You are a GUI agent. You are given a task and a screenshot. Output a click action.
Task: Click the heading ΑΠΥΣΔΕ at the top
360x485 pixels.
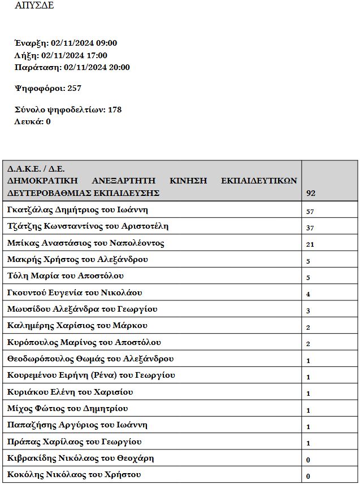click(x=35, y=6)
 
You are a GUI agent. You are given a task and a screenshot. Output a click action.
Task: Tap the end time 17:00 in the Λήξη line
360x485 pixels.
click(x=96, y=55)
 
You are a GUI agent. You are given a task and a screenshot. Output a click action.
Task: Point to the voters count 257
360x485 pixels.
click(x=74, y=88)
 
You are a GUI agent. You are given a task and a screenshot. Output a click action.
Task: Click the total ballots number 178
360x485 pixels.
click(x=114, y=110)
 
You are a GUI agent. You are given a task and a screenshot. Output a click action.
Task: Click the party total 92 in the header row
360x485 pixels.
click(x=311, y=193)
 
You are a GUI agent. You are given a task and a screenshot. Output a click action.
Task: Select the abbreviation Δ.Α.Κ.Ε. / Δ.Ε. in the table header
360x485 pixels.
click(x=36, y=168)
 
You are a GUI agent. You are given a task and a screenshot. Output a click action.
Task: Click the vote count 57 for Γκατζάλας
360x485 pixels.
click(x=310, y=212)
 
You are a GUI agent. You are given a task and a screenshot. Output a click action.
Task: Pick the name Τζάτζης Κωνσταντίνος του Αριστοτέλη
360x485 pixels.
click(x=88, y=226)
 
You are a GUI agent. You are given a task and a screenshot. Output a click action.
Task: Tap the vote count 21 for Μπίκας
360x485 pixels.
click(x=310, y=244)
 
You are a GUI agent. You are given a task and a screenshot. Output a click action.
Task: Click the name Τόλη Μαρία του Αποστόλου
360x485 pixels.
click(x=66, y=276)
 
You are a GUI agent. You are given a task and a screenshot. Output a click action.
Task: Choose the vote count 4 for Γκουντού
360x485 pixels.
click(x=308, y=294)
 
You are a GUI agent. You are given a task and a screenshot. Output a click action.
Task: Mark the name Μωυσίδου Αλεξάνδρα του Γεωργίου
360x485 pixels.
click(x=83, y=309)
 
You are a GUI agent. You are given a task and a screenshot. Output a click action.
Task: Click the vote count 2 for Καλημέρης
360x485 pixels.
click(x=308, y=327)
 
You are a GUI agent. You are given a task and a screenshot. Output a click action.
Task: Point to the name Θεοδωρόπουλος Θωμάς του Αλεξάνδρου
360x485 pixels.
click(x=90, y=359)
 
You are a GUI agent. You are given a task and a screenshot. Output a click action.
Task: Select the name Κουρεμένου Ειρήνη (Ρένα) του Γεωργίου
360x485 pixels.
click(x=92, y=375)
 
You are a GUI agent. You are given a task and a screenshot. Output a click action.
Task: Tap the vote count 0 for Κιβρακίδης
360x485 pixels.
click(x=308, y=460)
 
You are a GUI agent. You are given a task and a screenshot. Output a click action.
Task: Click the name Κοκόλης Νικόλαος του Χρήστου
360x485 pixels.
click(x=74, y=474)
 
